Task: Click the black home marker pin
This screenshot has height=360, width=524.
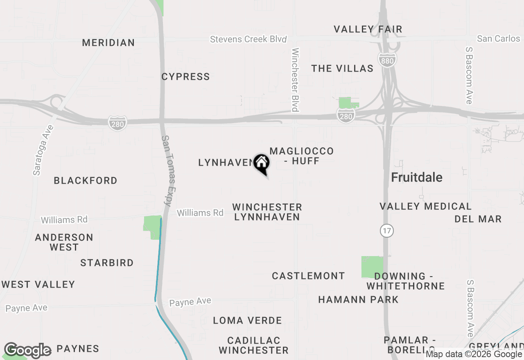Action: click(262, 164)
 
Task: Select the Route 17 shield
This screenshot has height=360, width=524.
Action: click(386, 231)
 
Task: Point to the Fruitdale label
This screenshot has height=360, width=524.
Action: click(417, 178)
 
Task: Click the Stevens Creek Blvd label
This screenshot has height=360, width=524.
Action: click(248, 40)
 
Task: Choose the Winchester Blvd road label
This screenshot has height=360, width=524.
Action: click(295, 80)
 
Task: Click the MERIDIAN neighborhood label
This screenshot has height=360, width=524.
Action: click(108, 43)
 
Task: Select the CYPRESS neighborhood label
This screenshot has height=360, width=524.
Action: click(185, 77)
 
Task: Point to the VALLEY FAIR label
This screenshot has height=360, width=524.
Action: click(368, 29)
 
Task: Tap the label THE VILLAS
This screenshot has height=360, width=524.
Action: click(342, 69)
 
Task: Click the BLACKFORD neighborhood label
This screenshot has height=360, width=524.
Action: click(86, 181)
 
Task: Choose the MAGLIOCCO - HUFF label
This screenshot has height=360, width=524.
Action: click(301, 156)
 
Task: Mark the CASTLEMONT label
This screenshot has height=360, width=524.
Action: click(308, 276)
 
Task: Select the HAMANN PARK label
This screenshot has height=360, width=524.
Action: click(358, 300)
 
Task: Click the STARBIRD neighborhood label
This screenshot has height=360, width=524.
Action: click(107, 263)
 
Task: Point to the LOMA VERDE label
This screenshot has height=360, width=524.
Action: click(247, 321)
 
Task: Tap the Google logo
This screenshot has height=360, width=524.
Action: click(27, 350)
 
